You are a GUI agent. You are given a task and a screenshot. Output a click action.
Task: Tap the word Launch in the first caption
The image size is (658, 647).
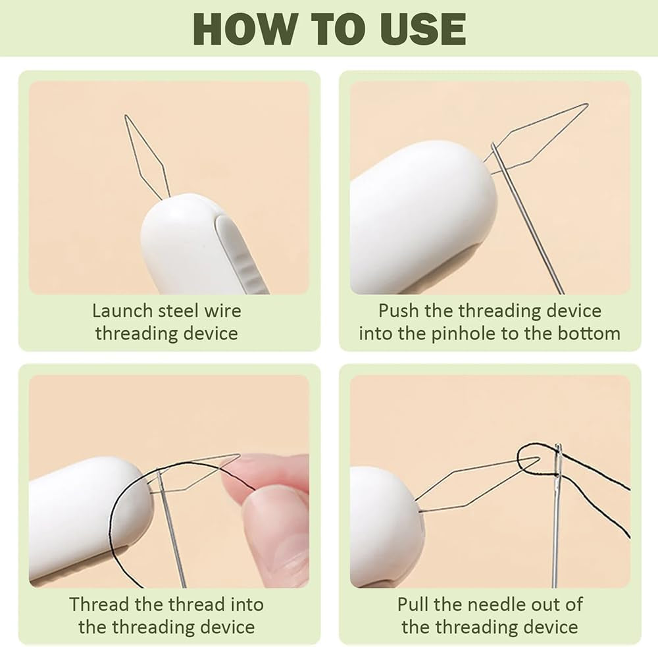click(x=122, y=311)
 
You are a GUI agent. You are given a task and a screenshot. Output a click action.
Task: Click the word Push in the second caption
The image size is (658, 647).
click(x=398, y=311)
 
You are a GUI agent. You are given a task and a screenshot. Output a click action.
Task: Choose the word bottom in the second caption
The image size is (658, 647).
click(x=589, y=334)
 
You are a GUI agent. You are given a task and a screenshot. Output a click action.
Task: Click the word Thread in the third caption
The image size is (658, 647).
click(x=99, y=605)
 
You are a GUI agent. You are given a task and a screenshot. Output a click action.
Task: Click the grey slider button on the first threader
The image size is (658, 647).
click(x=240, y=252)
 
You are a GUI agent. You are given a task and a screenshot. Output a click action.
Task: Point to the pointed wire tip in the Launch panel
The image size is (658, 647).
click(x=126, y=115)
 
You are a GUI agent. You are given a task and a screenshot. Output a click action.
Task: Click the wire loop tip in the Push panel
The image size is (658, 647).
click(x=587, y=105)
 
